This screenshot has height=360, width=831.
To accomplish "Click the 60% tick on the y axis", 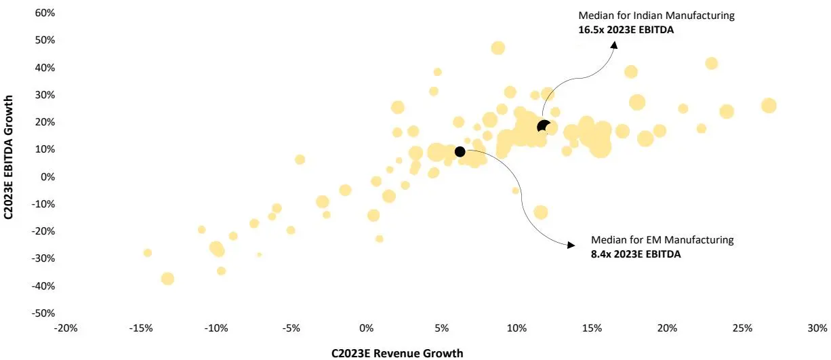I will pos(45,13).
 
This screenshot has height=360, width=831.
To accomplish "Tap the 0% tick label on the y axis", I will pos(47,177).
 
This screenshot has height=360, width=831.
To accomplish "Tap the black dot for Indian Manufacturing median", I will pos(544,127).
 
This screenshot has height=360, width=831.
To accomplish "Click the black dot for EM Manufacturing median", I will pos(460,151).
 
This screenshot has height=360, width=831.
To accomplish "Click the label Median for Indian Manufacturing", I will pos(656,16).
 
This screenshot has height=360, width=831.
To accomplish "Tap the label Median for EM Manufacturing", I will pos(662,240).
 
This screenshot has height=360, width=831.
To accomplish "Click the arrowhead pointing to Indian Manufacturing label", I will pos(614,43).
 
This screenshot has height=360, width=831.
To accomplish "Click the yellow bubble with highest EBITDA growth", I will pos(498,47).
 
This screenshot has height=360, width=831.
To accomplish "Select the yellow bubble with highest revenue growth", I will pos(768,105).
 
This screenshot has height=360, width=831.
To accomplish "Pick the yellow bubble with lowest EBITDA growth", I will pos(167,279).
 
